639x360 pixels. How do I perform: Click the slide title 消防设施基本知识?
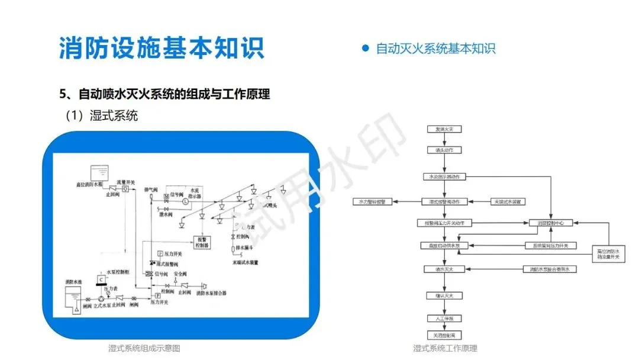tap(162, 48)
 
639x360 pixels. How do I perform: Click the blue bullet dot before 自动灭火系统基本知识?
tap(365, 48)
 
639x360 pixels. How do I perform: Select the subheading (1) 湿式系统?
tap(102, 115)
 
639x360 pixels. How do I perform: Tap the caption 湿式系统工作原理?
tap(445, 348)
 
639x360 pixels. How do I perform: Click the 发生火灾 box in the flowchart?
tap(444, 128)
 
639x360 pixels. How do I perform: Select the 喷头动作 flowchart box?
tap(444, 150)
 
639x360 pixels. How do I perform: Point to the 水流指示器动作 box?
tap(444, 176)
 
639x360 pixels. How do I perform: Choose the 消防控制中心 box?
tap(550, 223)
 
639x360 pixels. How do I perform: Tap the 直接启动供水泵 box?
tap(444, 245)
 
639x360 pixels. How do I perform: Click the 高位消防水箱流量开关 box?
tap(608, 253)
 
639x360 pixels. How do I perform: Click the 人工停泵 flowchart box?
tap(444, 318)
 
